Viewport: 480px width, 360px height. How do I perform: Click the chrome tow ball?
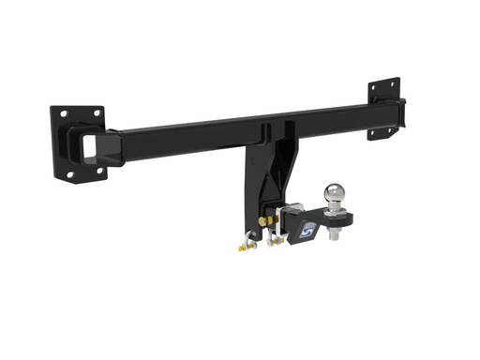pyautogui.click(x=337, y=194)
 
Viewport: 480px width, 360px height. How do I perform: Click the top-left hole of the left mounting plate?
pyautogui.click(x=63, y=113)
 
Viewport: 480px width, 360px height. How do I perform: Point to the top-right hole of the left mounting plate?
pyautogui.click(x=95, y=111)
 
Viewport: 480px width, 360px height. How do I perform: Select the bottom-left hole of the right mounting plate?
pyautogui.click(x=372, y=132)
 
